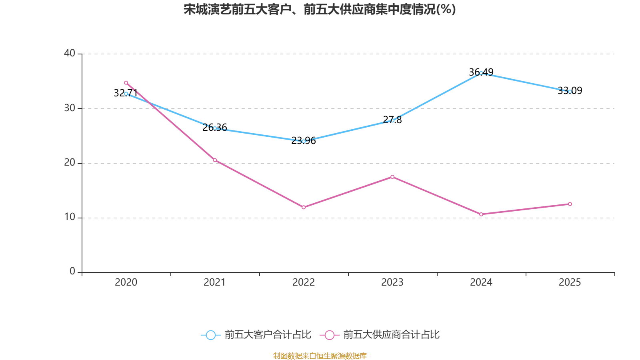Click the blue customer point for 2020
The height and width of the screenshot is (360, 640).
126,94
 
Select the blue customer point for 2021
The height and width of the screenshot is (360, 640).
215,128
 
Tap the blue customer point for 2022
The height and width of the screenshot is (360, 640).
304,141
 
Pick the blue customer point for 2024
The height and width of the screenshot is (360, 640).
481,73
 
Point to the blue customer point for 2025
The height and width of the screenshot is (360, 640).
570,92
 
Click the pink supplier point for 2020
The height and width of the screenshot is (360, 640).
126,83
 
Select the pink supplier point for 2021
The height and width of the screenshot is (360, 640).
215,160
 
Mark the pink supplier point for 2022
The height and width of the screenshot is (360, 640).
304,207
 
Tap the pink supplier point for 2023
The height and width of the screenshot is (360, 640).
392,177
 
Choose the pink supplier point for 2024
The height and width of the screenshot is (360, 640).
481,214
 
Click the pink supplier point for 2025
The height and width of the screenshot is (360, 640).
570,204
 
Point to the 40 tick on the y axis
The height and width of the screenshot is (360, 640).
70,53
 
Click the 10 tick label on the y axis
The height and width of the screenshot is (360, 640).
70,217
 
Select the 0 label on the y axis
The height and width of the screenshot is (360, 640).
72,272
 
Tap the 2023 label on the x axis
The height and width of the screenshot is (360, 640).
392,282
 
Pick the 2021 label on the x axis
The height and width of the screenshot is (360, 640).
215,282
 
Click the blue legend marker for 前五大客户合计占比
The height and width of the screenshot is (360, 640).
210,335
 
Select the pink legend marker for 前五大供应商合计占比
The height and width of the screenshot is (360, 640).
329,335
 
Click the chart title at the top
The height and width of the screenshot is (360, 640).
320,9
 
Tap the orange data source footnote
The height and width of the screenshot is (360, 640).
320,356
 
